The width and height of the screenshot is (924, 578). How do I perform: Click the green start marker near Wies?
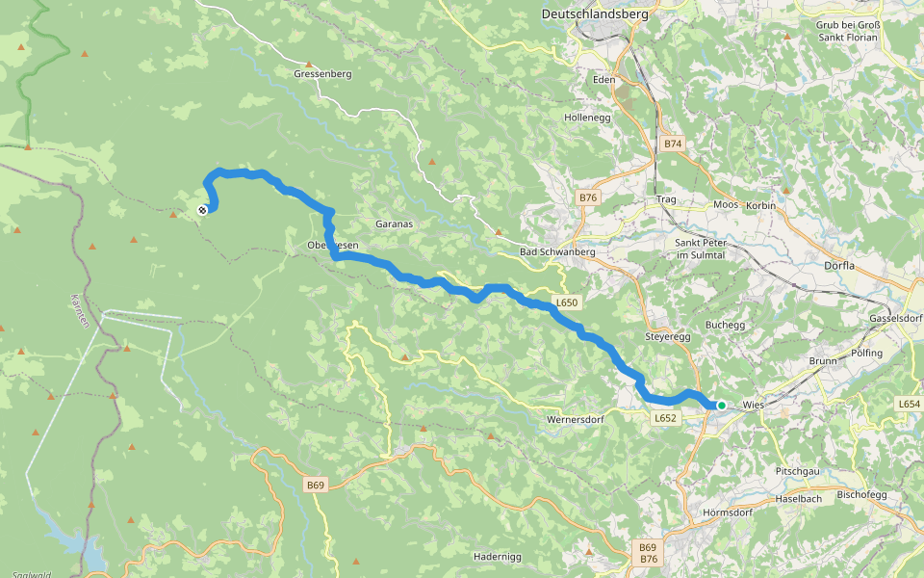[721, 406]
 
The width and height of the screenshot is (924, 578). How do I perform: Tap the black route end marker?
[202, 210]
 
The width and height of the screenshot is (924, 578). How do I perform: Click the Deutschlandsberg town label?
[595, 14]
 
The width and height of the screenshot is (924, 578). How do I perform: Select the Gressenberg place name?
[322, 73]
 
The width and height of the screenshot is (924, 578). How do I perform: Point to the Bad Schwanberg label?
[557, 252]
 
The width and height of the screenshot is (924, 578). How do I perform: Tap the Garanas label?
[394, 223]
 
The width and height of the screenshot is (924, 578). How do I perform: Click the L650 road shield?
[567, 303]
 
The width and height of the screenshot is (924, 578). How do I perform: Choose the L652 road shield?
[666, 418]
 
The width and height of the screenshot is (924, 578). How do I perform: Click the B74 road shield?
[672, 144]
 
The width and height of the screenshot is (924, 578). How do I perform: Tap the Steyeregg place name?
[668, 337]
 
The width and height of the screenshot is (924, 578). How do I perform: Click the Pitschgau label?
[798, 471]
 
